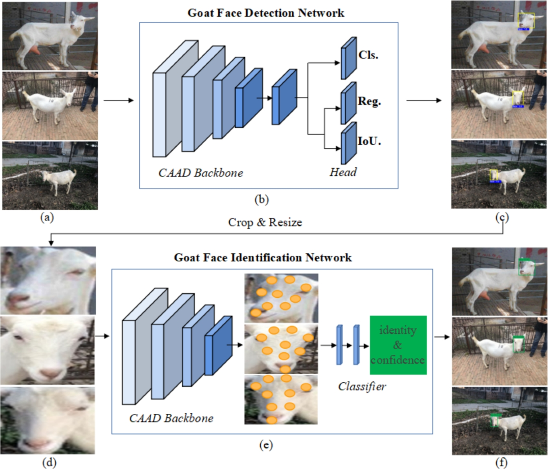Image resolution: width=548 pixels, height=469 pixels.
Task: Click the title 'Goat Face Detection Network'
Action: click(266, 12)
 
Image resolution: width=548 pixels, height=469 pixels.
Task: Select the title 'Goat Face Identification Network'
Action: click(263, 258)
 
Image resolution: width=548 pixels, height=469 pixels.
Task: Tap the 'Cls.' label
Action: click(369, 56)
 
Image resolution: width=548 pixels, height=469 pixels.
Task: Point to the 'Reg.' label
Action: click(369, 101)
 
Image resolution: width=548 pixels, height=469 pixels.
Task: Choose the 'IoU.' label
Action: click(369, 141)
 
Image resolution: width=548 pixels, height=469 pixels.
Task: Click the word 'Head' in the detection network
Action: click(342, 172)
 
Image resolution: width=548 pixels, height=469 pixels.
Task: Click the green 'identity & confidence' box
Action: click(398, 345)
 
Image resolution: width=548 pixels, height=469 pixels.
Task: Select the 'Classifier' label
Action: click(362, 386)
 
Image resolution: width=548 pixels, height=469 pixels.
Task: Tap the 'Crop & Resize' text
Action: click(265, 222)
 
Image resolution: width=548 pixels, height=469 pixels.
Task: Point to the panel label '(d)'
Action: click(49, 463)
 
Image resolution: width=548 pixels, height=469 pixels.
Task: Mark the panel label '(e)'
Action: click(265, 445)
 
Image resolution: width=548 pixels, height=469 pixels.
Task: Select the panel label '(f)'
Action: click(501, 463)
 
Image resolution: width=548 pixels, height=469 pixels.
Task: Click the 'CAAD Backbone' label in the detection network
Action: click(200, 173)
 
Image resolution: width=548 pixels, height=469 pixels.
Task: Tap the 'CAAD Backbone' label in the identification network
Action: click(171, 418)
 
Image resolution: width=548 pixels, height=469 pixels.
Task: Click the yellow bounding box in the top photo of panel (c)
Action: click(526, 21)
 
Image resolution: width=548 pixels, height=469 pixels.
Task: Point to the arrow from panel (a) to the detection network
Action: click(119, 100)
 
